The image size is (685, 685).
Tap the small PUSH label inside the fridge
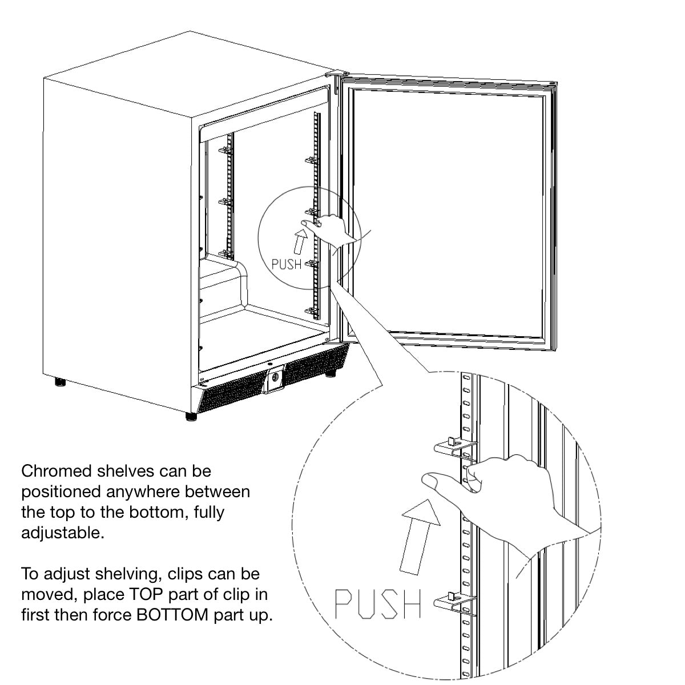pyautogui.click(x=287, y=264)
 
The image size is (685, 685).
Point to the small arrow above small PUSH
pyautogui.click(x=300, y=241)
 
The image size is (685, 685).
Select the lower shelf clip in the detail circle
pyautogui.click(x=456, y=604)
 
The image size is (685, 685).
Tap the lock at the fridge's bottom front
pyautogui.click(x=275, y=378)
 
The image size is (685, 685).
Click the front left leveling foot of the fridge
pyautogui.click(x=191, y=417)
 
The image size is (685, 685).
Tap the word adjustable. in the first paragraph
pyautogui.click(x=63, y=533)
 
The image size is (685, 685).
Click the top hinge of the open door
pyautogui.click(x=337, y=74)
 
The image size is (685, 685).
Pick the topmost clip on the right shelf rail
pyautogui.click(x=312, y=160)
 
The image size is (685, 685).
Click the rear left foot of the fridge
pyautogui.click(x=60, y=382)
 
